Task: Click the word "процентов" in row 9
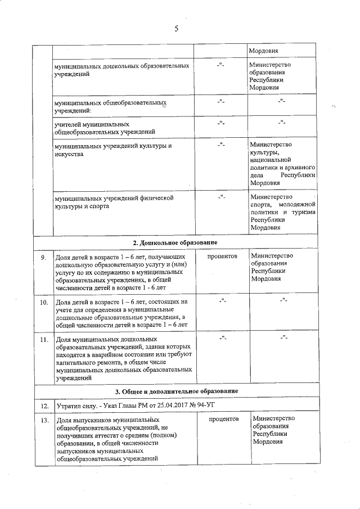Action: click(222, 256)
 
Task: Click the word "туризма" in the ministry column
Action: click(302, 213)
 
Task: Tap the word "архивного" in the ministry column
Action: click(299, 168)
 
